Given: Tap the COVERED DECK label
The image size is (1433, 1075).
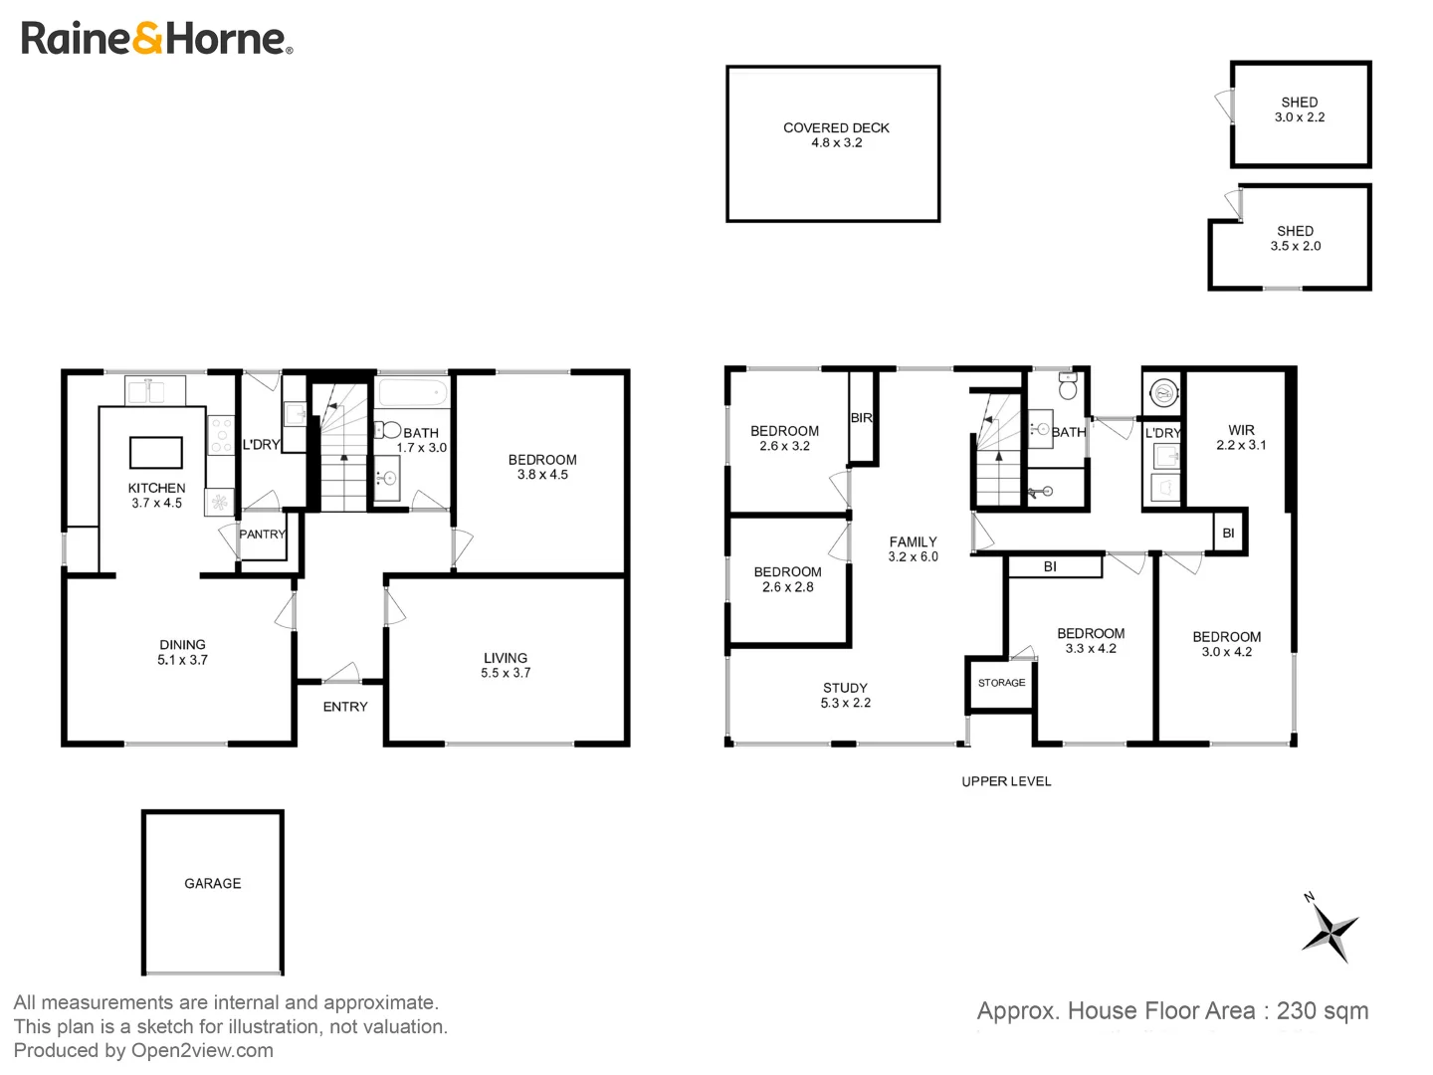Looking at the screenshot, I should point(836,135).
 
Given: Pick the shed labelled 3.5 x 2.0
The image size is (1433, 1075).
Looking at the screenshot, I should point(1295,238).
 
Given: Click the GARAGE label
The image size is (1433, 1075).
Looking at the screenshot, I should point(212,883).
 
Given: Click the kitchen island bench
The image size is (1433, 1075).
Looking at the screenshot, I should point(156,452).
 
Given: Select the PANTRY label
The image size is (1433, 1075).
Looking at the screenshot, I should point(263,535).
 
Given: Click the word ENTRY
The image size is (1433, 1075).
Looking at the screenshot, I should point(345,707).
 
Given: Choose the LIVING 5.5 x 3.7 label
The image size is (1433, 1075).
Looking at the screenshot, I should point(506,665).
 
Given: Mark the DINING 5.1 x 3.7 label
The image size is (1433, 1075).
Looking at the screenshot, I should point(182,652).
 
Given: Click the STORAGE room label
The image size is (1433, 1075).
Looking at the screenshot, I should point(1001,683).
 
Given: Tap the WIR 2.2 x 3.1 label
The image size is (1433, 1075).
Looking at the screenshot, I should point(1241,438).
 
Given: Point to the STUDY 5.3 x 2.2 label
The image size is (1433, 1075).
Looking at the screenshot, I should point(845,695).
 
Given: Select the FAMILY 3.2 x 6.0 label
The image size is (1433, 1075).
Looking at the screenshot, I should point(913,549).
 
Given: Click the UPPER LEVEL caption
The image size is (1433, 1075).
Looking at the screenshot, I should point(1006,781).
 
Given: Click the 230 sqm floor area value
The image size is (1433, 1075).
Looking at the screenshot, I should point(1322,1011).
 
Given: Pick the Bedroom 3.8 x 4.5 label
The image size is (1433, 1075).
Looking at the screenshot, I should point(542,467).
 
